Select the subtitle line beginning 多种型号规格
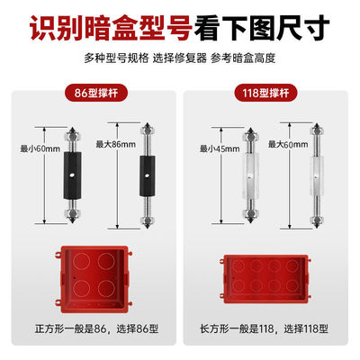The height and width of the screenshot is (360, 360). (x=180, y=58)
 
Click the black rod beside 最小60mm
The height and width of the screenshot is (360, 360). (x=67, y=170)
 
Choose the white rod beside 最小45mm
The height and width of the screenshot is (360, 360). (x=244, y=170)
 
